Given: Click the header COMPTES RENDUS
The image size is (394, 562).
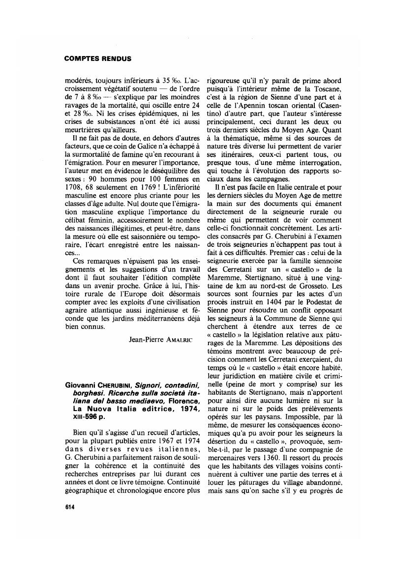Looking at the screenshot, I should tap(97, 59).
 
